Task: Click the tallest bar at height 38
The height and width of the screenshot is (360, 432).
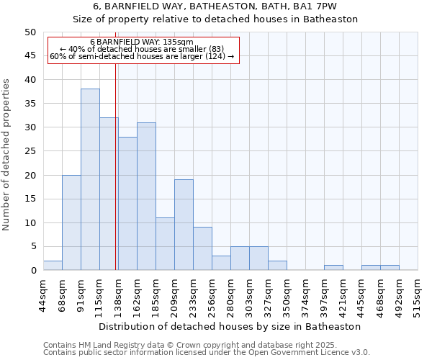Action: [90, 179]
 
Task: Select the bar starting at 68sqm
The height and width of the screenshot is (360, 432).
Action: [71, 222]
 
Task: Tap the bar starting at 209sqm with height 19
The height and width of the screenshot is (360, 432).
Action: [184, 225]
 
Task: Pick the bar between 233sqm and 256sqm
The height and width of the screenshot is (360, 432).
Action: [202, 248]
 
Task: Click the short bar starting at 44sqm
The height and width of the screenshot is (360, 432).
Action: [53, 266]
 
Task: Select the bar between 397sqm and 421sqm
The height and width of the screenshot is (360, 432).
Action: [333, 268]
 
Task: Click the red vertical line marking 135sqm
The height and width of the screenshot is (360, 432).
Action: [116, 180]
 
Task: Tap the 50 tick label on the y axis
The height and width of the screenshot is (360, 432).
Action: [30, 32]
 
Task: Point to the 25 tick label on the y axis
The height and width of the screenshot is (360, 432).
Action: [30, 151]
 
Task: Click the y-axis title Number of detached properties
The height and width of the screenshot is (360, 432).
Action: [7, 155]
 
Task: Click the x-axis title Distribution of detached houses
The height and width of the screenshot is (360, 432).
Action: [230, 326]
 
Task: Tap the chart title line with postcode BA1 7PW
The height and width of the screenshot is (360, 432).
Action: [215, 6]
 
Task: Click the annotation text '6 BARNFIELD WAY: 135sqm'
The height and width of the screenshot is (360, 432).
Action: [142, 42]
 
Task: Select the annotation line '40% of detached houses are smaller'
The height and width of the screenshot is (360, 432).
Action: [142, 49]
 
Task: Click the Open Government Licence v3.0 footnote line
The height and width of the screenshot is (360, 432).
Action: [206, 352]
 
